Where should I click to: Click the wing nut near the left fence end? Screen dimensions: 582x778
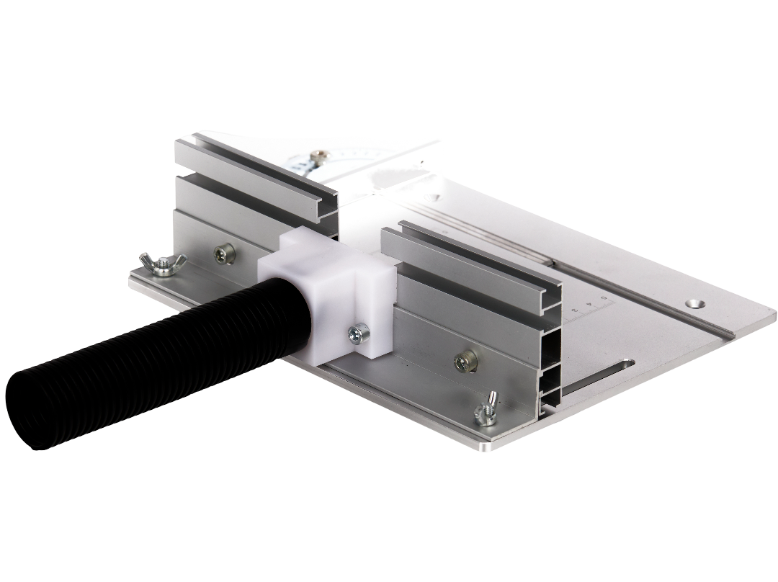[162, 264]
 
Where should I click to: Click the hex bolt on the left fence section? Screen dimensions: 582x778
[225, 253]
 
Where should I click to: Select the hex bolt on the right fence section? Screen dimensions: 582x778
[465, 360]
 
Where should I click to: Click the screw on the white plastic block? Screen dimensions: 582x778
[357, 333]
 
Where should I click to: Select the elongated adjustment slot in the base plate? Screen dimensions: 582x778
[598, 378]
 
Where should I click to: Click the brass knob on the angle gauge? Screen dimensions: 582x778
[318, 155]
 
